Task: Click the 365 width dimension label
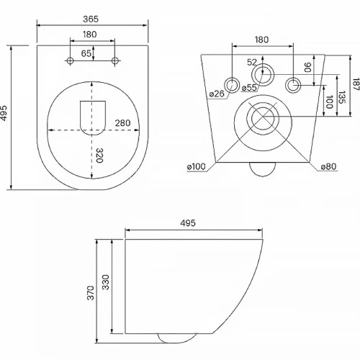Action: (x=91, y=19)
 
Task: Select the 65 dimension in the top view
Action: (x=86, y=53)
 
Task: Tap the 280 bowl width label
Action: (x=122, y=123)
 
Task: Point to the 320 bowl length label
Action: (x=99, y=156)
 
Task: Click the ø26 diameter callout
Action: (x=217, y=94)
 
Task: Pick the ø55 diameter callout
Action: (x=249, y=88)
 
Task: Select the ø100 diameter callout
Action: (x=197, y=166)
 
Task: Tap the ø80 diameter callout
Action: (x=328, y=166)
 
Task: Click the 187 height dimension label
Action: (x=356, y=84)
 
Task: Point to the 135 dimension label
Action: (x=341, y=97)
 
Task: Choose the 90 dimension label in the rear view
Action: (x=307, y=67)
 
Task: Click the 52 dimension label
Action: (x=252, y=63)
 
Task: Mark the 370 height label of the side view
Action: (x=91, y=292)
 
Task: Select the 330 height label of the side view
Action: (x=106, y=282)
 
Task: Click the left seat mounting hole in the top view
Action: (x=70, y=60)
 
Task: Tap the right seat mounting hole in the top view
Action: (x=115, y=60)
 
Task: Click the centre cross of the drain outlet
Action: (x=263, y=117)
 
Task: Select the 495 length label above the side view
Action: (x=188, y=223)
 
